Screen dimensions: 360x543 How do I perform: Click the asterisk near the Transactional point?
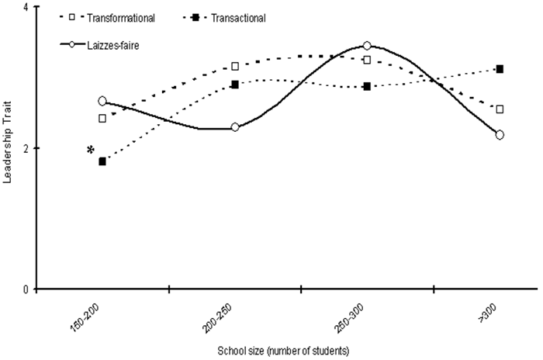(92, 150)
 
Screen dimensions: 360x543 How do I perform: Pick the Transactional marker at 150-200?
(102, 161)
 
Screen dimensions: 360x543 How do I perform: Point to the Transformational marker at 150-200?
(102, 119)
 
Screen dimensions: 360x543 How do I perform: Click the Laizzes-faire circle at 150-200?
(102, 101)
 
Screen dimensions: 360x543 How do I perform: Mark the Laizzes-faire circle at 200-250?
(235, 127)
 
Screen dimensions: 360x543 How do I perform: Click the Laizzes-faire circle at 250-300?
(368, 46)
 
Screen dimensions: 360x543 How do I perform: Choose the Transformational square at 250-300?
(368, 60)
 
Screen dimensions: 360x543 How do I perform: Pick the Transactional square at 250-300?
(368, 86)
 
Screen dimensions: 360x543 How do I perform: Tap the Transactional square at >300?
(500, 69)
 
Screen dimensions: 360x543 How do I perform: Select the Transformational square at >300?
(500, 109)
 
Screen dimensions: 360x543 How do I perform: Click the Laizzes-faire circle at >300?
(500, 134)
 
